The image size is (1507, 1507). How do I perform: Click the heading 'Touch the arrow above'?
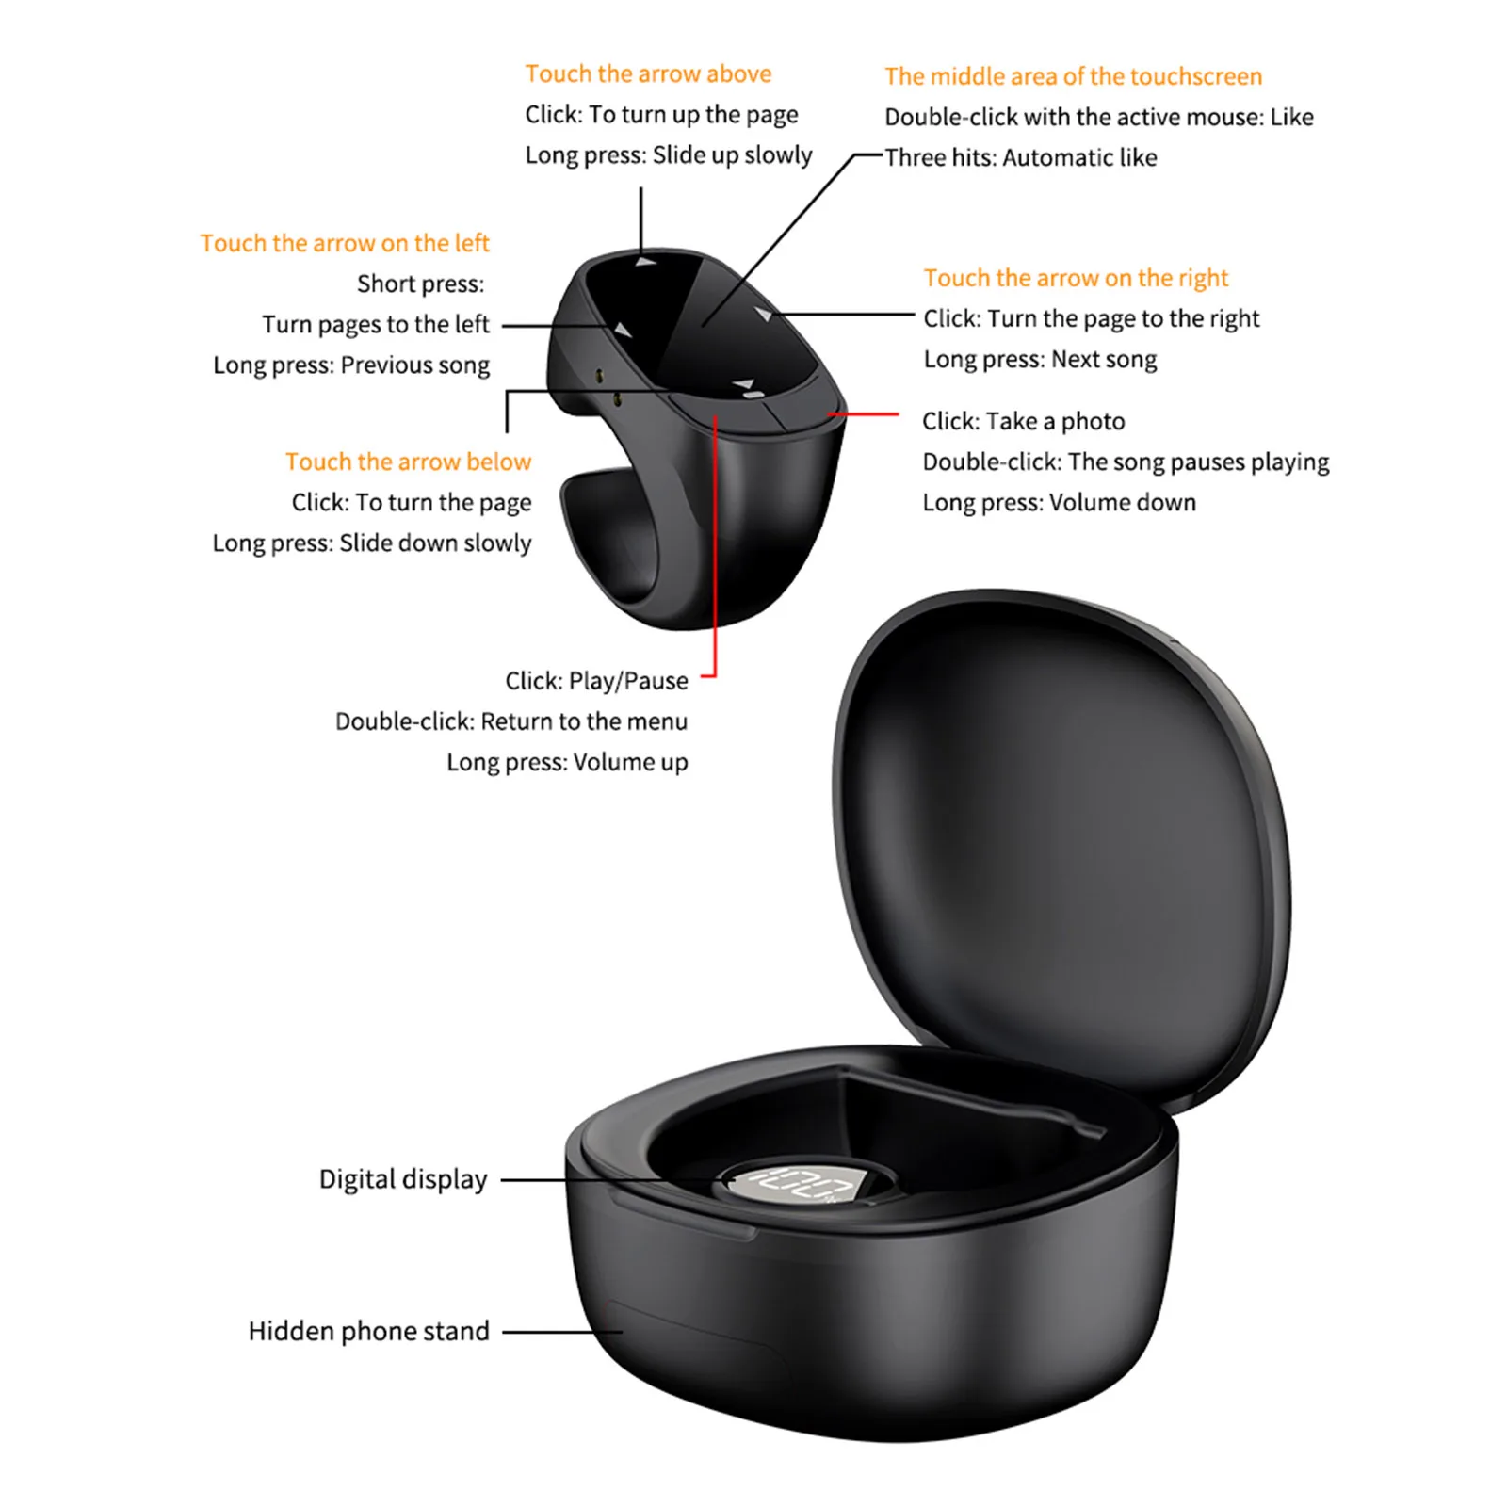[648, 73]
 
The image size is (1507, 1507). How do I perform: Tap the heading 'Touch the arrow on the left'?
[345, 243]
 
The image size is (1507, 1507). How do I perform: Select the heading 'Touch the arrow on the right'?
[1076, 278]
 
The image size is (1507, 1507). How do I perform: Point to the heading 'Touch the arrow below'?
[408, 462]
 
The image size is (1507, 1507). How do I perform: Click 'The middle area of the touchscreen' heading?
[1073, 76]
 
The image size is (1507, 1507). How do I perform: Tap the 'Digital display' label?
[403, 1179]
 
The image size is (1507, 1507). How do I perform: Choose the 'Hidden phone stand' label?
[368, 1331]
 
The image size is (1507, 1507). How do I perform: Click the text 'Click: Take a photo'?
[1023, 421]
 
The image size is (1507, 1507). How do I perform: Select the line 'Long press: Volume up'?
[567, 762]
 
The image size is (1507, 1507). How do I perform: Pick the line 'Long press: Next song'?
[1040, 359]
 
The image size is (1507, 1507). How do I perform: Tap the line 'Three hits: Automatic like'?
[1021, 157]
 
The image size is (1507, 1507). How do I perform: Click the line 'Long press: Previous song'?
[351, 365]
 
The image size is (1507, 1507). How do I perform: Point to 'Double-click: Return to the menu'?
[511, 721]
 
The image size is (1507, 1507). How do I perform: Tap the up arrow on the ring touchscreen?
[646, 262]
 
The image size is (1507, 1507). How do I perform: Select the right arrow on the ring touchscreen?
[764, 313]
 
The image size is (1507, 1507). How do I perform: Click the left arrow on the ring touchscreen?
[623, 329]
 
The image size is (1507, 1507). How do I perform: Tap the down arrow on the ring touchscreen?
[746, 385]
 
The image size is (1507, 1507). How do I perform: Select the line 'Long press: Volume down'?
[1059, 502]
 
